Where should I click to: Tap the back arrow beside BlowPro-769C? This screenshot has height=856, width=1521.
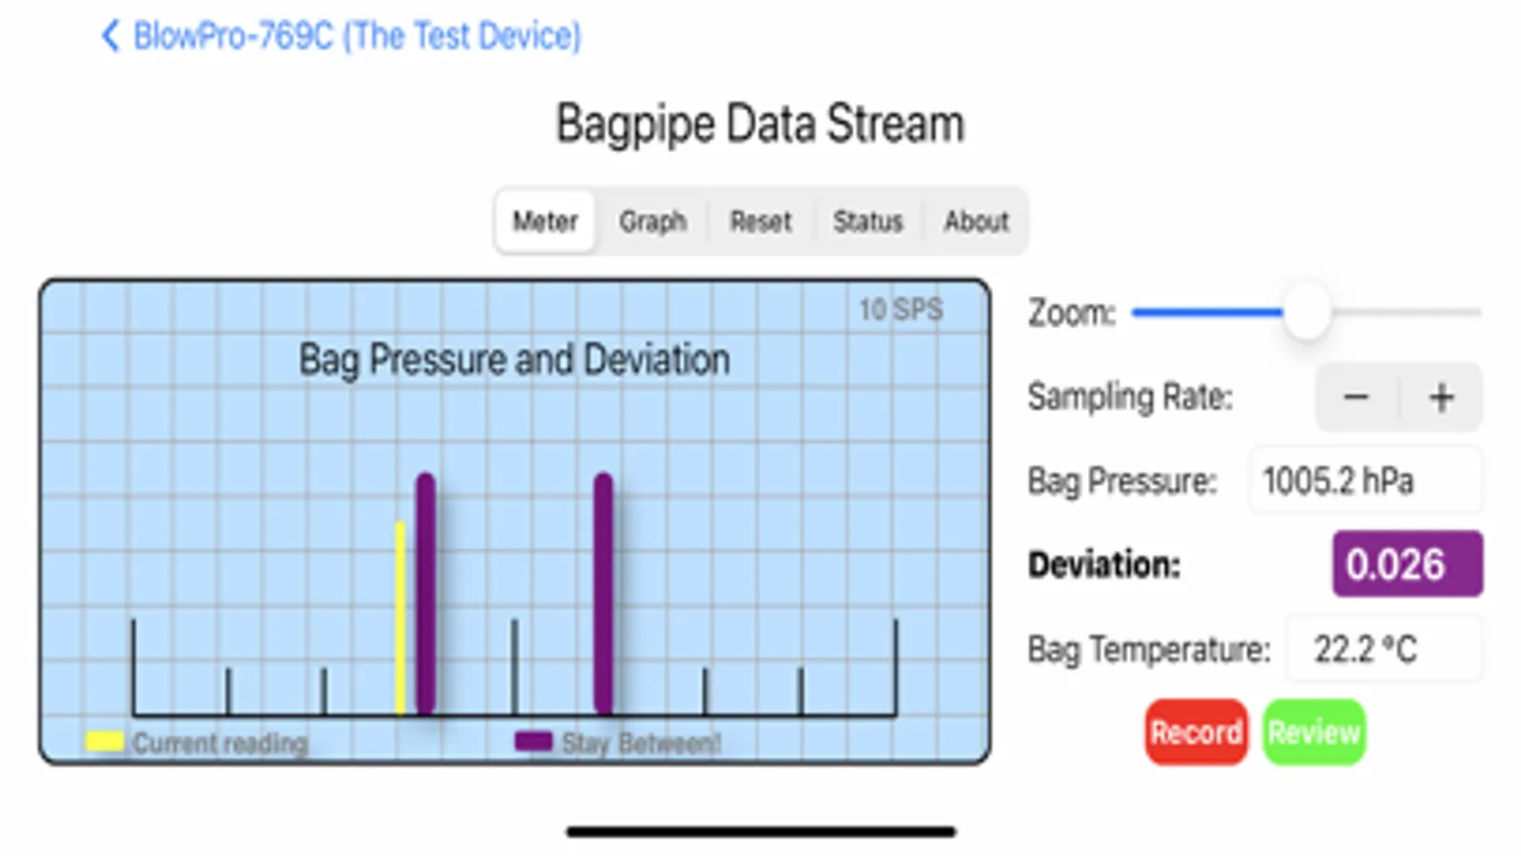click(110, 35)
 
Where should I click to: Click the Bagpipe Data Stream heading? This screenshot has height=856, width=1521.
click(761, 125)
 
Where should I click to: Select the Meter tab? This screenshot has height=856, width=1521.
click(545, 222)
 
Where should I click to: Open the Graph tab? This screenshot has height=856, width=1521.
click(653, 222)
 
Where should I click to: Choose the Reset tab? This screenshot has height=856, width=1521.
click(761, 222)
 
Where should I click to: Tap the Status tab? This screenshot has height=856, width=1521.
click(868, 222)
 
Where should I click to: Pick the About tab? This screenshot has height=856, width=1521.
click(977, 222)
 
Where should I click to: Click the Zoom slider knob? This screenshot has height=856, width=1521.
click(1307, 312)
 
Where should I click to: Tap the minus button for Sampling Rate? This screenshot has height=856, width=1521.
click(1356, 398)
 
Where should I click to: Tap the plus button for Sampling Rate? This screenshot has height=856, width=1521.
click(1441, 398)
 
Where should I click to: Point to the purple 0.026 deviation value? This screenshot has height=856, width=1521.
click(1408, 564)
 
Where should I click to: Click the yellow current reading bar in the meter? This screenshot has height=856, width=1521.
click(400, 617)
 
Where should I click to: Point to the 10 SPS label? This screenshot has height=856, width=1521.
click(901, 309)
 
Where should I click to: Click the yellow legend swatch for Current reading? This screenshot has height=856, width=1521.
click(105, 741)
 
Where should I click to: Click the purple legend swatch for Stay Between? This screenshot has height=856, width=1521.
click(533, 741)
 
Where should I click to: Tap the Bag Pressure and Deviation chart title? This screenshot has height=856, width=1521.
click(515, 360)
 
